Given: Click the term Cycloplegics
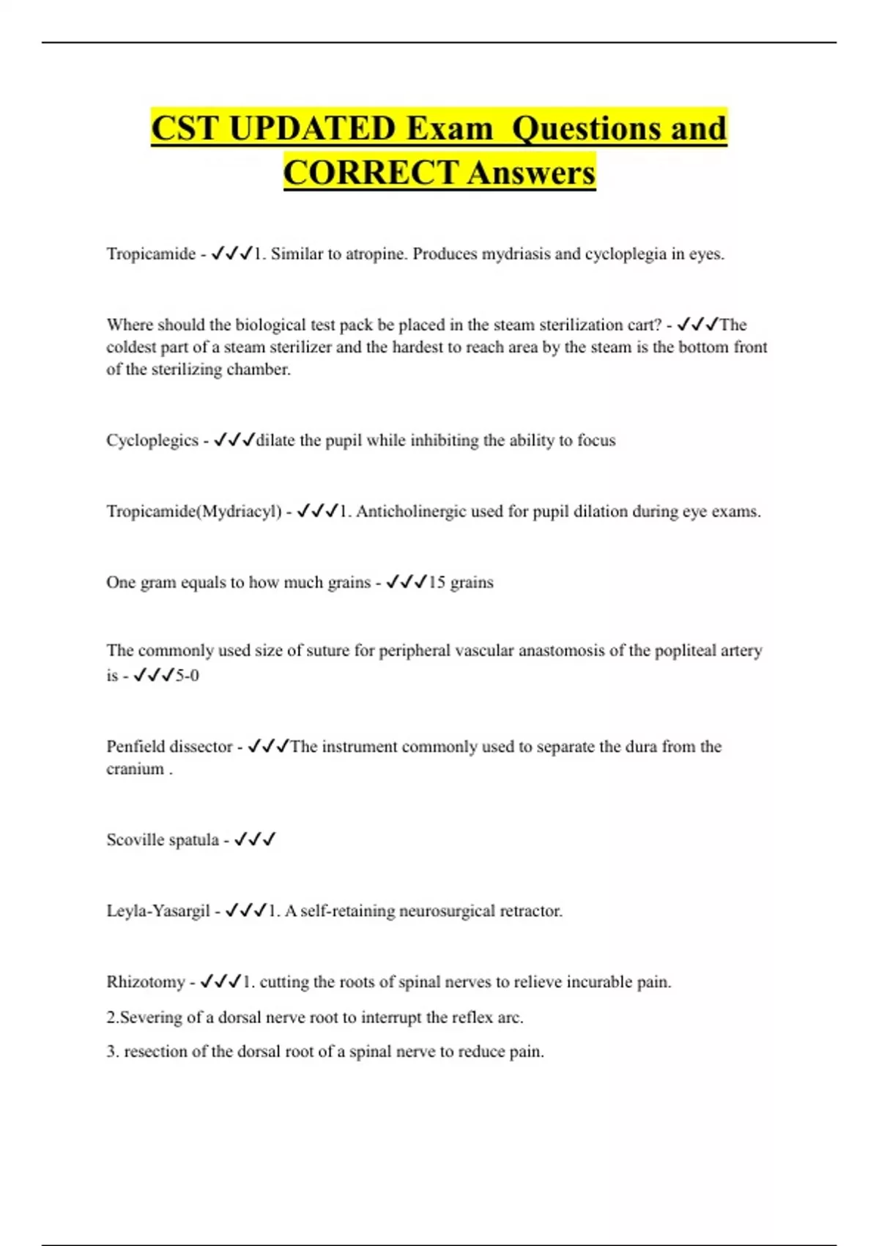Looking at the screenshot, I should (x=152, y=440).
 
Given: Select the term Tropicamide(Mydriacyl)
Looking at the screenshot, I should (x=194, y=512).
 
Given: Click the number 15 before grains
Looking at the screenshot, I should (x=437, y=583).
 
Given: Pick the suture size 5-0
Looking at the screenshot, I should (x=187, y=676).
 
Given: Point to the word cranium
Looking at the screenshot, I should (x=135, y=769).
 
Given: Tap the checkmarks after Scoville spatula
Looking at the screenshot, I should (x=254, y=840).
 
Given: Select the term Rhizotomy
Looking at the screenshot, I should (x=146, y=982).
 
